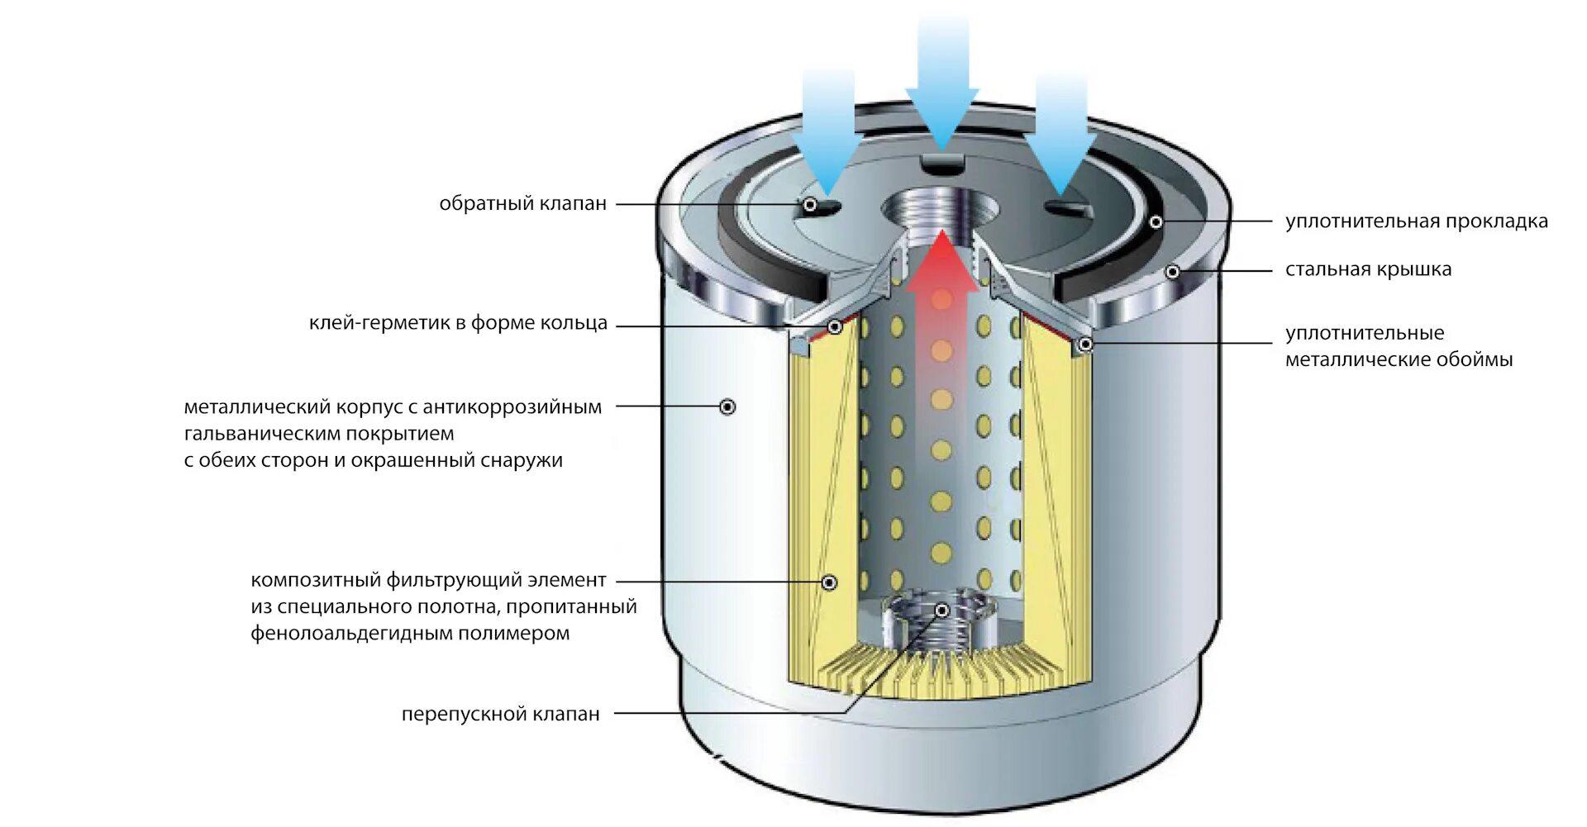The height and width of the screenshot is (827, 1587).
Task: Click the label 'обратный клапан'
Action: (x=522, y=203)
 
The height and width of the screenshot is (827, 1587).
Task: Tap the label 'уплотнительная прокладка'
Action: (x=1416, y=221)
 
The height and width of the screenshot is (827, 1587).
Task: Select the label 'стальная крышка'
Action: (x=1368, y=269)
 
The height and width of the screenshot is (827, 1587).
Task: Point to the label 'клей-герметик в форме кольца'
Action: (x=458, y=323)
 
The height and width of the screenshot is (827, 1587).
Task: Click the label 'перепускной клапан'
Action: (x=500, y=714)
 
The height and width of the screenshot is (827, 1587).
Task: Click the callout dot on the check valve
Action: (x=811, y=204)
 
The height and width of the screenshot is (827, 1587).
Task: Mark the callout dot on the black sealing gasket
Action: (x=1156, y=221)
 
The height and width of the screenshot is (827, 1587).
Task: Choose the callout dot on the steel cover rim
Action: (x=1171, y=271)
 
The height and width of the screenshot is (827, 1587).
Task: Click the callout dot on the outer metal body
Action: (x=727, y=406)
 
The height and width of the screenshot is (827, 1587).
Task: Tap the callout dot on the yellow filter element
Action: (x=830, y=582)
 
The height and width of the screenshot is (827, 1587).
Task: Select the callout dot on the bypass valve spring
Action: (x=941, y=611)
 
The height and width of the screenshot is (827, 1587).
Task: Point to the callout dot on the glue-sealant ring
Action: (x=835, y=327)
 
